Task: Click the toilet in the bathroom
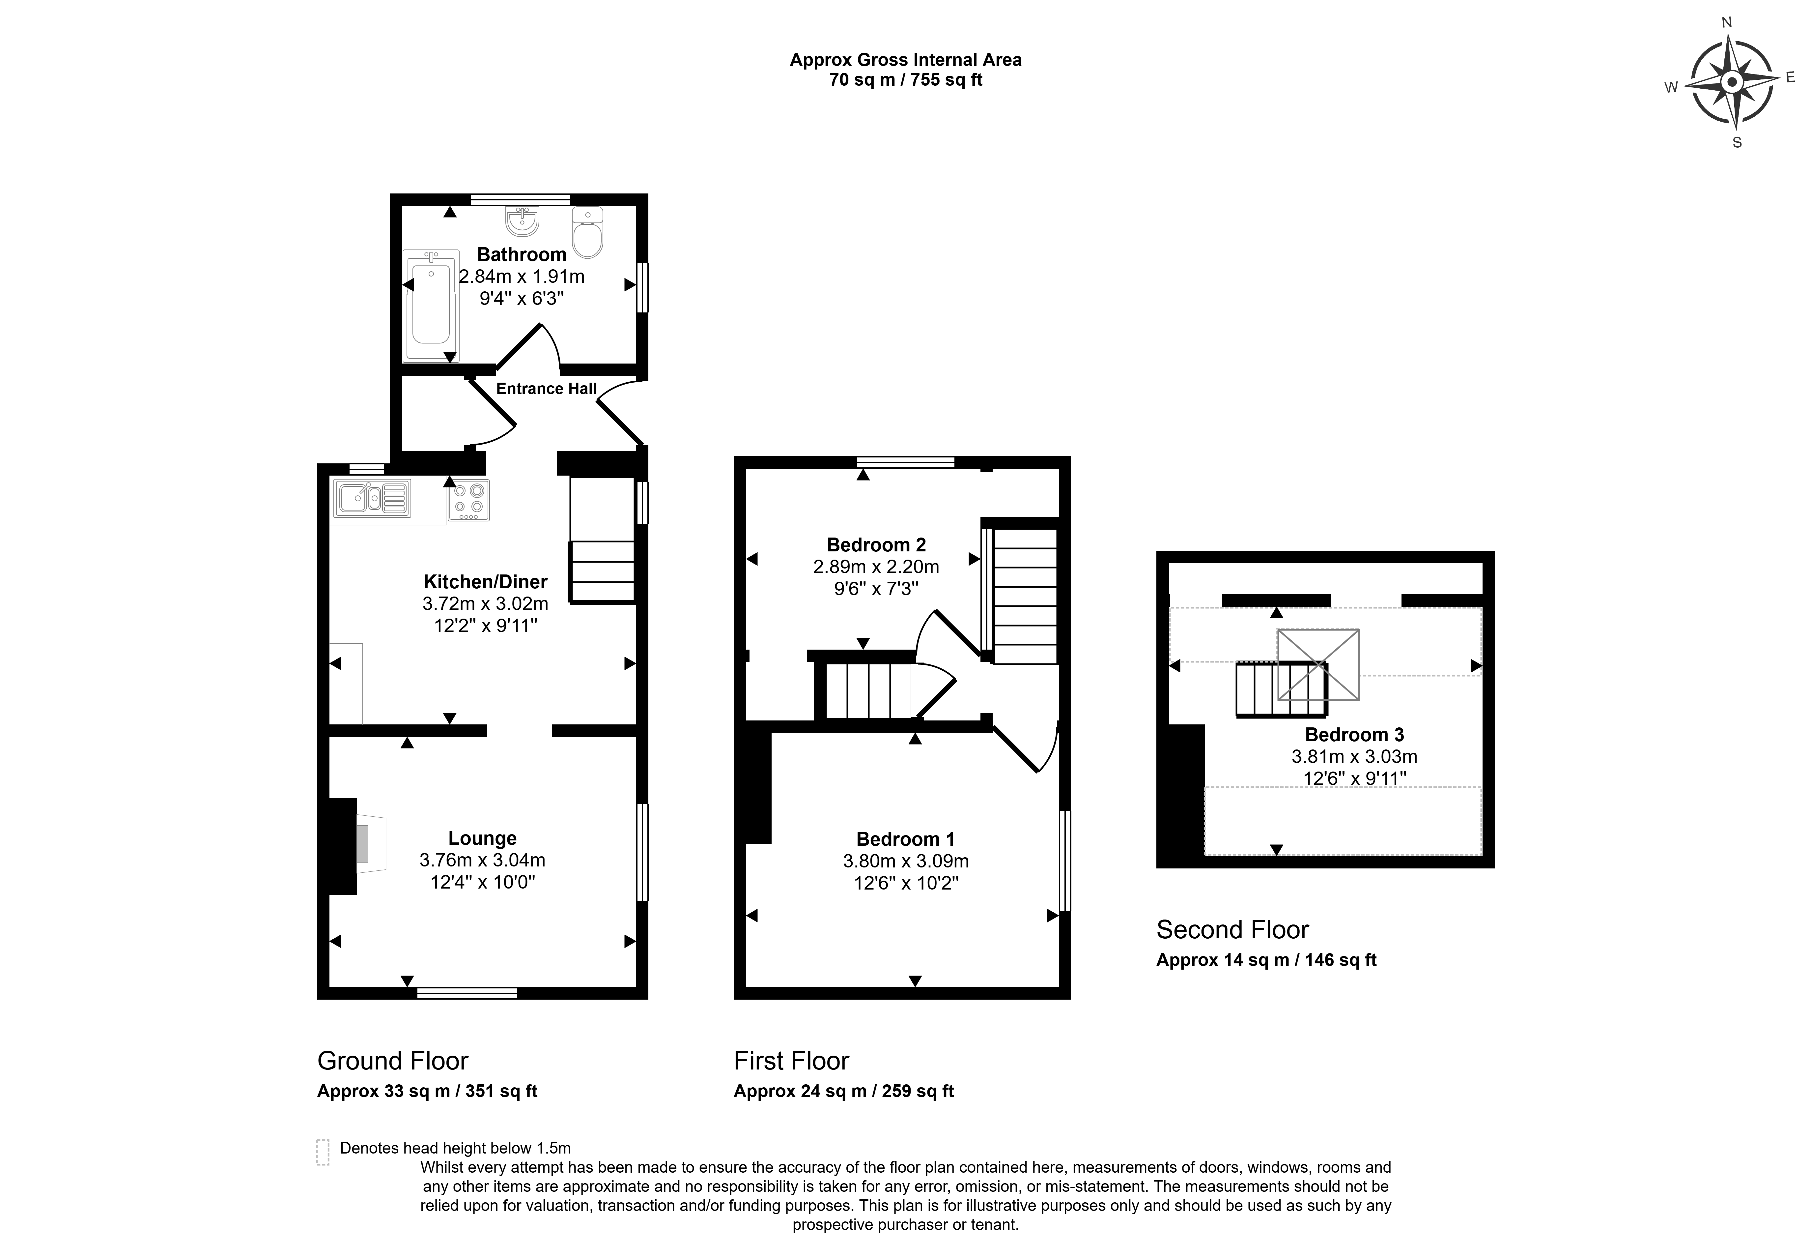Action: tap(587, 233)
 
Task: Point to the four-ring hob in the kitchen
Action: tap(468, 500)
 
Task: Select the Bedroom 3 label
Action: tap(1354, 734)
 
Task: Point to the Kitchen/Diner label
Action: tap(485, 582)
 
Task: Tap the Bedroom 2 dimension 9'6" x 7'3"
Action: tap(876, 589)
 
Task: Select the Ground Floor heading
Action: tap(393, 1061)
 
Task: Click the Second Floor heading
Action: tap(1232, 930)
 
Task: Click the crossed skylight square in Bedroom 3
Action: tap(1318, 664)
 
